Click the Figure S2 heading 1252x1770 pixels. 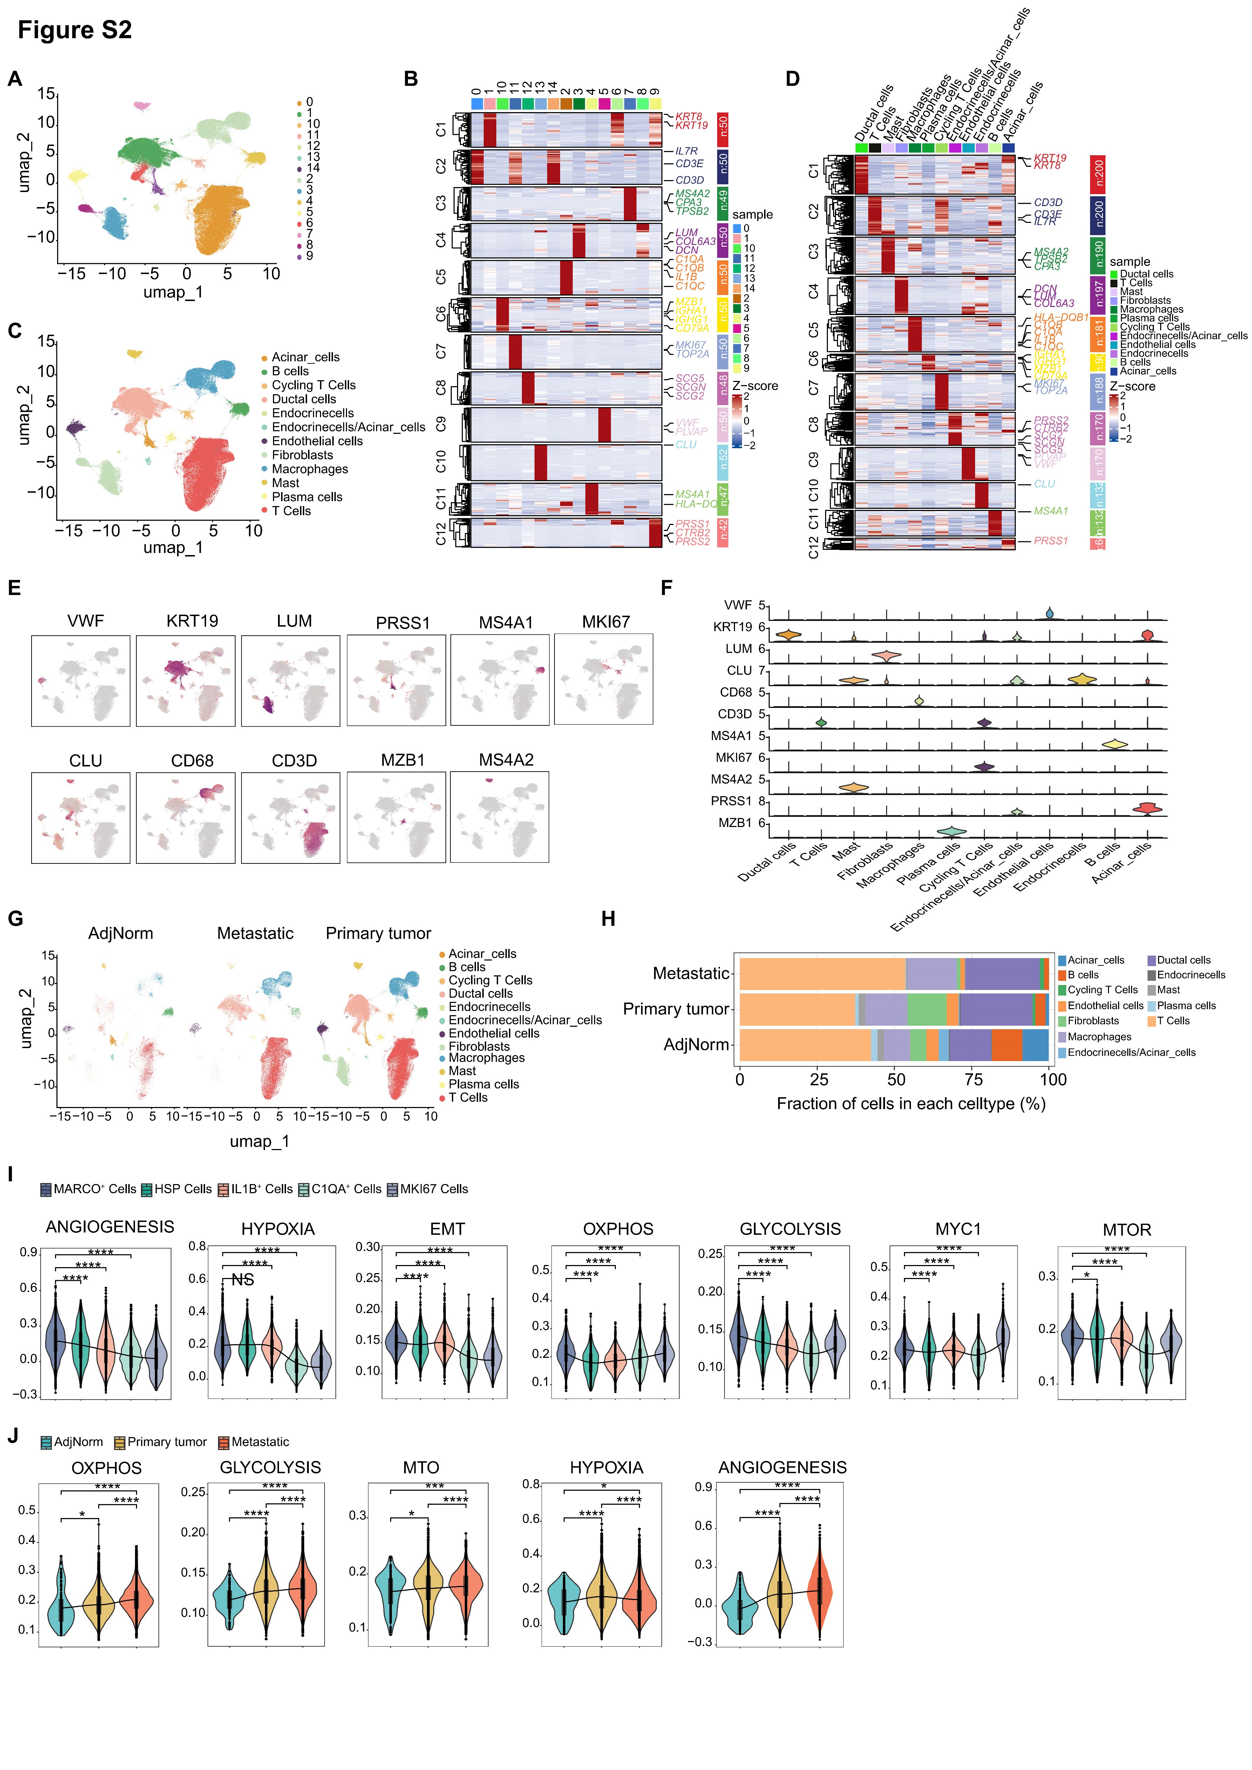pos(75,30)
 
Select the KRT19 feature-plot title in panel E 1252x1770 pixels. pos(192,621)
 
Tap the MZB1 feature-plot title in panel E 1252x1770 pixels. pos(402,760)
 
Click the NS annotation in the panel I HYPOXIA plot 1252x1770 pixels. pos(243,1280)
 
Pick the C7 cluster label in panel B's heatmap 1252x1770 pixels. pos(440,351)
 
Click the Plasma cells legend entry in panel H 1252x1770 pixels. pos(1186,1005)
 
